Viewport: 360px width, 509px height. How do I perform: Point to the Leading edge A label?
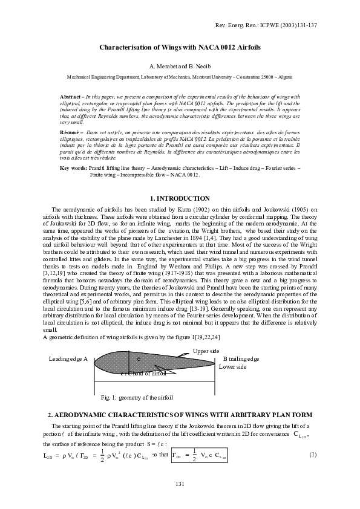[x=68, y=359]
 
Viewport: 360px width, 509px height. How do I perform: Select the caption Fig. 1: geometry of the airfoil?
[x=137, y=398]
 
